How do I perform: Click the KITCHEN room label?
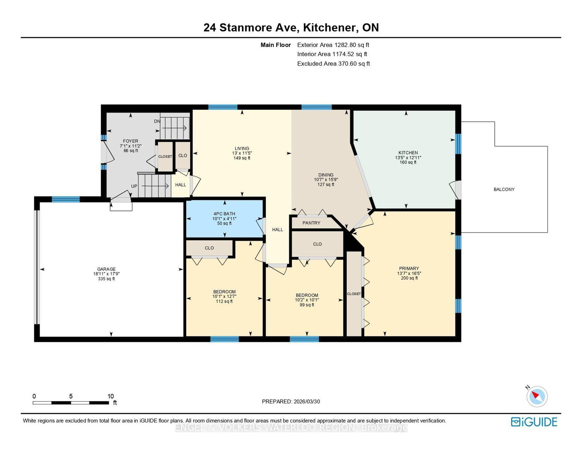pos(408,153)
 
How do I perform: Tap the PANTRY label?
pos(311,223)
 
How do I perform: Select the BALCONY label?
pos(504,189)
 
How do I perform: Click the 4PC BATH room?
pos(224,218)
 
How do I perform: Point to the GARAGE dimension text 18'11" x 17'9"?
pos(106,274)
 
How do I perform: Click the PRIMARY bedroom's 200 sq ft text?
pos(409,278)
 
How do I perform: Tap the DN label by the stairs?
pos(157,121)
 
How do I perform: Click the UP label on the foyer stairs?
pos(134,186)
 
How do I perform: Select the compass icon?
pos(537,396)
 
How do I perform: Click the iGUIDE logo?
pos(534,422)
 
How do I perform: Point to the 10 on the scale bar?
pos(111,396)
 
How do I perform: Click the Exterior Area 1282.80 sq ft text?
pos(333,45)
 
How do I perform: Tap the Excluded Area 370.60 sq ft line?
pos(333,64)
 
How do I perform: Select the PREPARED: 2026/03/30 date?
pos(291,402)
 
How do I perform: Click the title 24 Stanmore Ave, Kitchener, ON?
pos(291,28)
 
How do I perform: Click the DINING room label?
pos(326,175)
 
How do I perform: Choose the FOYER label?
pos(131,141)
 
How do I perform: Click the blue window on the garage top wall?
pos(65,199)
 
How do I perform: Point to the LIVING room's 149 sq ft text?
pos(242,158)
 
